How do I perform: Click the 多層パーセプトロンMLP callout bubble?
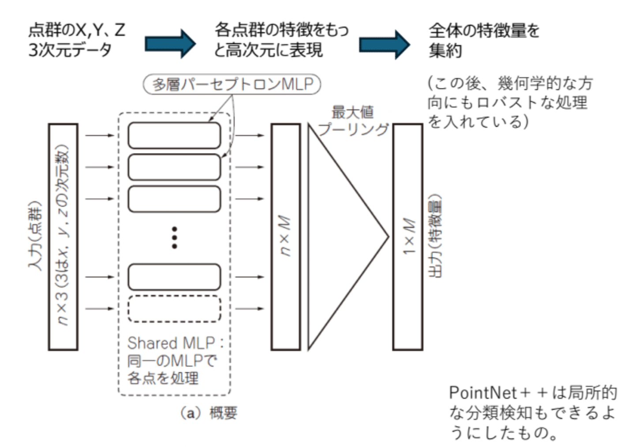pyautogui.click(x=232, y=84)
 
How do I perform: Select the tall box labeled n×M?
pyautogui.click(x=285, y=237)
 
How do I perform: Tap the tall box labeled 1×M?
pyautogui.click(x=408, y=237)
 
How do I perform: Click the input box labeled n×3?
pyautogui.click(x=63, y=237)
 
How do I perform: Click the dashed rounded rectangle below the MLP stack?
pyautogui.click(x=174, y=309)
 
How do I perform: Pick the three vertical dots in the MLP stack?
pyautogui.click(x=175, y=238)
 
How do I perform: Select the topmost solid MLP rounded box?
pyautogui.click(x=174, y=135)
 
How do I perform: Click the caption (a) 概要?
pyautogui.click(x=209, y=413)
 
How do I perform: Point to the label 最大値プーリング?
pyautogui.click(x=353, y=120)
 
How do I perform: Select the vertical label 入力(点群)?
pyautogui.click(x=35, y=237)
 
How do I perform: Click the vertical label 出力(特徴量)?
pyautogui.click(x=436, y=237)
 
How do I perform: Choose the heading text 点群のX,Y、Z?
pyautogui.click(x=77, y=30)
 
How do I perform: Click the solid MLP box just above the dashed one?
pyautogui.click(x=174, y=277)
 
